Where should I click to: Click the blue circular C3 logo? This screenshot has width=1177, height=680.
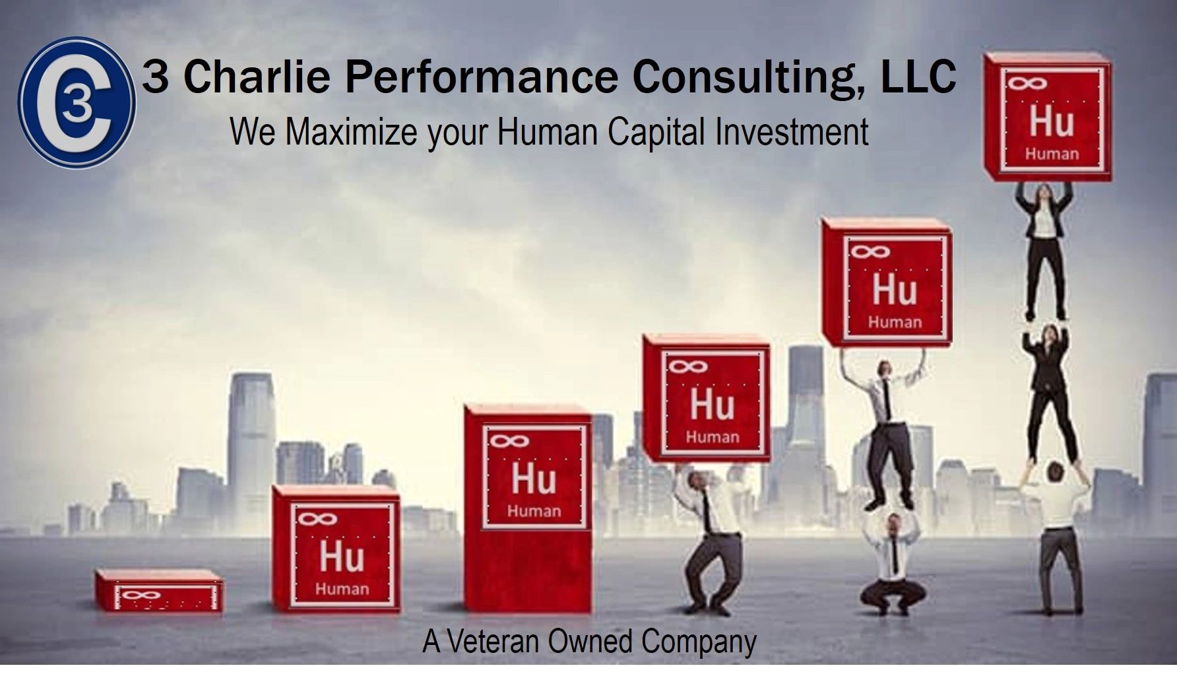77,102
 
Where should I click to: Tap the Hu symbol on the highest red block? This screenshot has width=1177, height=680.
1052,121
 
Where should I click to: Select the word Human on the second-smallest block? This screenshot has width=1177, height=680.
342,589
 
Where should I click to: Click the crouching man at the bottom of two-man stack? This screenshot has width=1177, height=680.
892,561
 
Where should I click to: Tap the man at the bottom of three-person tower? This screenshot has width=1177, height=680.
1060,535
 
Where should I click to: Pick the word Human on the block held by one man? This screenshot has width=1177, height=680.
713,437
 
